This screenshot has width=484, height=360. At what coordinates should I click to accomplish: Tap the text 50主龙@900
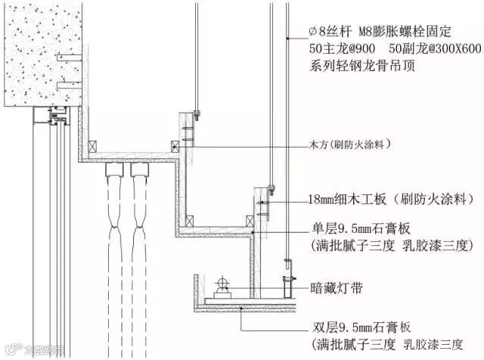[340, 48]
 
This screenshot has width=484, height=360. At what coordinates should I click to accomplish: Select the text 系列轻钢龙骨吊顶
[359, 66]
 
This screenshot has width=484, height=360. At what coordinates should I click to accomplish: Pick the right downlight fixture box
[140, 171]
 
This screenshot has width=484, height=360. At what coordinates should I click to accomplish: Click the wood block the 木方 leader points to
[175, 146]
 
